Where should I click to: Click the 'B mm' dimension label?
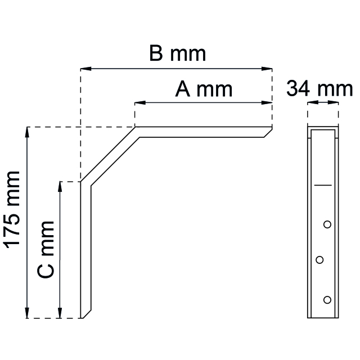[x=177, y=54]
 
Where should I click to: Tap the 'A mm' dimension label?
[x=203, y=89]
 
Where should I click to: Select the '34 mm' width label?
[x=319, y=89]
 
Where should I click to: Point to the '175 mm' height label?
[x=12, y=208]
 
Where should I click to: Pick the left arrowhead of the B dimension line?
[x=85, y=69]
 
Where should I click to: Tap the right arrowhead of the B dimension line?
[x=268, y=69]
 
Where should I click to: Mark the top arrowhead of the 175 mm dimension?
[x=26, y=131]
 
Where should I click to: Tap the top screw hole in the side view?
[x=327, y=225]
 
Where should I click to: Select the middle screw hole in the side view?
[x=319, y=259]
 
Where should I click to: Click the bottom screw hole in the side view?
[x=327, y=299]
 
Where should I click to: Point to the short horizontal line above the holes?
[x=323, y=184]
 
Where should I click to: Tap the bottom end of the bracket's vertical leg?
[x=85, y=316]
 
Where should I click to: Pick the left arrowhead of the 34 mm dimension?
[x=310, y=103]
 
